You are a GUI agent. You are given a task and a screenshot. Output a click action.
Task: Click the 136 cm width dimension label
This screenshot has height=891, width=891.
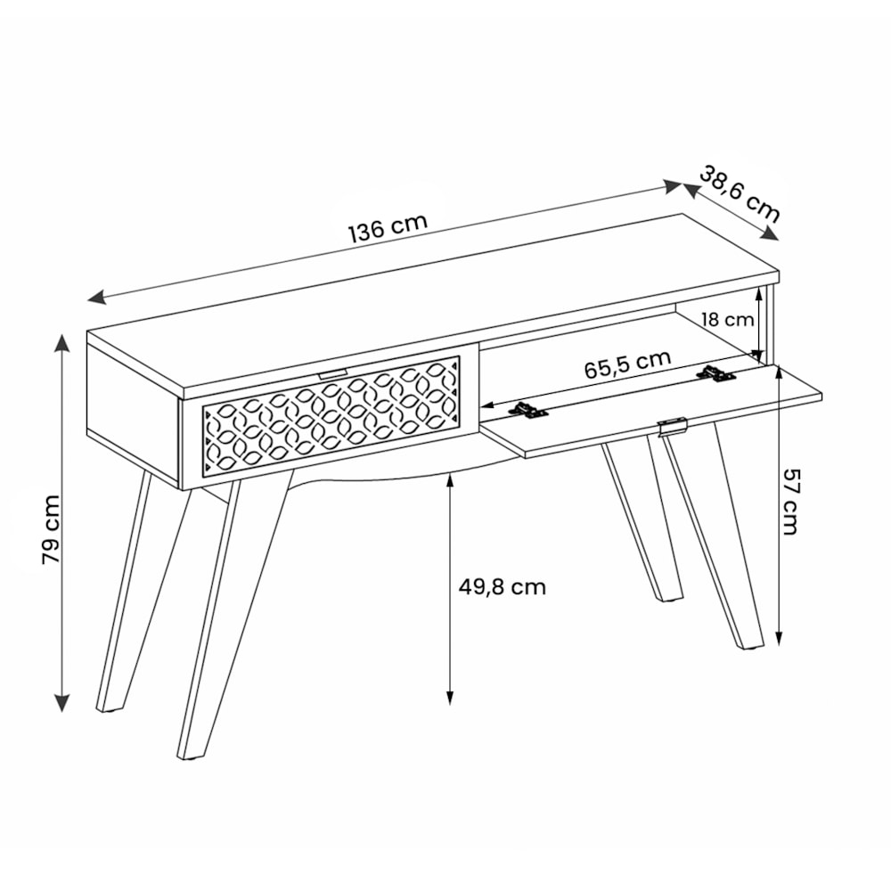coord(388,227)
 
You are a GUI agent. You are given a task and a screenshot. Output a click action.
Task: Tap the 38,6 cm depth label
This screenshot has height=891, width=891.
coord(739,193)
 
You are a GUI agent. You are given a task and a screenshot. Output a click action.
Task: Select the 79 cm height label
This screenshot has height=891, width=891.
coord(51,529)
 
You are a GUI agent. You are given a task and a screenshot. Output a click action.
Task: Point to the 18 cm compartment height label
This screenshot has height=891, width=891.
coord(727,319)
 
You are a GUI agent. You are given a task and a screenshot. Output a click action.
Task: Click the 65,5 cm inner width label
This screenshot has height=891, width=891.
coord(628,364)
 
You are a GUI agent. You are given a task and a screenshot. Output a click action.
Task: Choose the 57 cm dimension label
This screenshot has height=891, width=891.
coord(790,501)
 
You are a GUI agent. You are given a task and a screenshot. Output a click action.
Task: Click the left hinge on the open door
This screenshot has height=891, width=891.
coord(527,410)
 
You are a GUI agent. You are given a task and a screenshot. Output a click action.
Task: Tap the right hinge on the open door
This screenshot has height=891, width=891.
coord(716,374)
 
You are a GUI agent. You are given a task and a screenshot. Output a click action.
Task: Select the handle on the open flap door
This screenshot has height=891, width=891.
coord(673,426)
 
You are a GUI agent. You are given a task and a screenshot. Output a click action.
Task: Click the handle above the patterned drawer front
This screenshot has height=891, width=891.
coord(332,373)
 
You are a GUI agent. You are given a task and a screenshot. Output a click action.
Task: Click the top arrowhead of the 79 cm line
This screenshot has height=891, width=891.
coord(61,343)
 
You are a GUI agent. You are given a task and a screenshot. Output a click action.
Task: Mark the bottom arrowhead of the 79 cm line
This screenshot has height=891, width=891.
coord(61,703)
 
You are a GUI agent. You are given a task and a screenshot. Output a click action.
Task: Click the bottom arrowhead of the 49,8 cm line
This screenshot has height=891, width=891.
coord(449,699)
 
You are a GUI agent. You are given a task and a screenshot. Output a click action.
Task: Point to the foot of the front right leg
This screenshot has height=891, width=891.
coord(750,645)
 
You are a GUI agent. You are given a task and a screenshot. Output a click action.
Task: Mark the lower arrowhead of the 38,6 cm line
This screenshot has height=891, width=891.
coord(770,233)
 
